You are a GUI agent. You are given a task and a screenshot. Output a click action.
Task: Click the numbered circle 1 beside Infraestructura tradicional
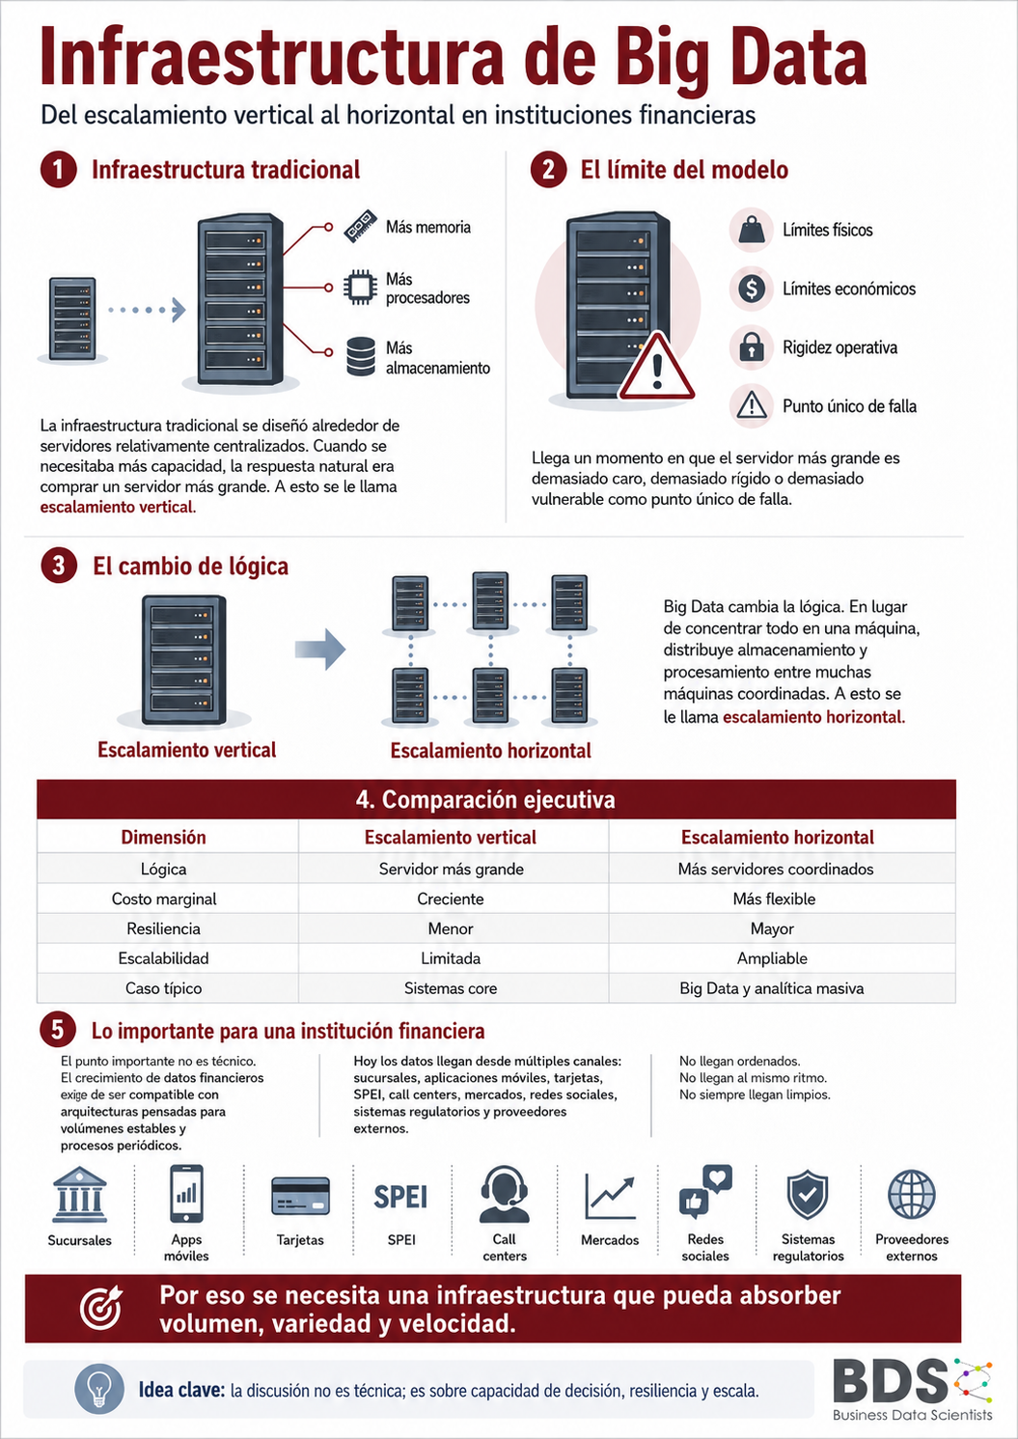59,170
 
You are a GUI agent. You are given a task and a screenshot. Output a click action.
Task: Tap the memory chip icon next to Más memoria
360,226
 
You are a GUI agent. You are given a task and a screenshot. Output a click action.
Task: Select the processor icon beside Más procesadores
360,287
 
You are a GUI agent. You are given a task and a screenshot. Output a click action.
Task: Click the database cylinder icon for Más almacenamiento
360,356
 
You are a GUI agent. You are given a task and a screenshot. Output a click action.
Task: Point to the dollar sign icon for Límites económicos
751,289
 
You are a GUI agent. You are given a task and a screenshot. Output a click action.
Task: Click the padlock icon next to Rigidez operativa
751,346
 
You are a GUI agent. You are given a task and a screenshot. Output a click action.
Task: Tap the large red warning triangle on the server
656,368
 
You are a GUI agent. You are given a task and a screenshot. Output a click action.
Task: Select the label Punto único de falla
849,406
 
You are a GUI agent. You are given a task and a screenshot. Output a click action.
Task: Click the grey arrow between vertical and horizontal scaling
320,649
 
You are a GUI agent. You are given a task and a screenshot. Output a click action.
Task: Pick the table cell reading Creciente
451,899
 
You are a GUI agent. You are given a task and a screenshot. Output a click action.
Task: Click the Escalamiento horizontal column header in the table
777,837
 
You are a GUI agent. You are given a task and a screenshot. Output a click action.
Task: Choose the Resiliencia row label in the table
163,928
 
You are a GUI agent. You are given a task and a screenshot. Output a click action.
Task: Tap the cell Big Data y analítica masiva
771,988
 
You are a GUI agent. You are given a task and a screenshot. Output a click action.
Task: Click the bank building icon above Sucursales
80,1194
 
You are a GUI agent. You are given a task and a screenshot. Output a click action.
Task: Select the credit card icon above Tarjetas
300,1196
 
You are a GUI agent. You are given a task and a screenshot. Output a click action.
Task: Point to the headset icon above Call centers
505,1194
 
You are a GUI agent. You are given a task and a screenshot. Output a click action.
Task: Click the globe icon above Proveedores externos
912,1194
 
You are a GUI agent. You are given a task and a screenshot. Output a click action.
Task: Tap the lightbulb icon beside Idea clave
99,1390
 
